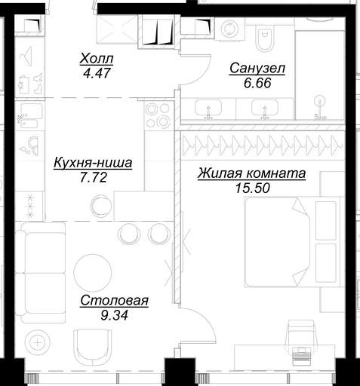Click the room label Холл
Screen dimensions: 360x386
[97, 59]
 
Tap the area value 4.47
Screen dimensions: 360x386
[97, 73]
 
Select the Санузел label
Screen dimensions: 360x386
[257, 68]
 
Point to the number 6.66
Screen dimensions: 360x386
[257, 83]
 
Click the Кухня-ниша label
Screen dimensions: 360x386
[93, 162]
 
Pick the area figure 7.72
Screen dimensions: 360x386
[94, 177]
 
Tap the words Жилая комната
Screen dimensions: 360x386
[251, 173]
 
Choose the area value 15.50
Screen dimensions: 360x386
[252, 188]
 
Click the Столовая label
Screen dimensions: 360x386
[115, 301]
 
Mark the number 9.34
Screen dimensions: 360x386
[114, 315]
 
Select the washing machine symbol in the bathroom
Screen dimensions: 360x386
[230, 29]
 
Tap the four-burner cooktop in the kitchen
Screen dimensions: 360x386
[158, 115]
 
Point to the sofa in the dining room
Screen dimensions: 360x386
[40, 273]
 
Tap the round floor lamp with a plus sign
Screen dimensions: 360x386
[38, 342]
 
